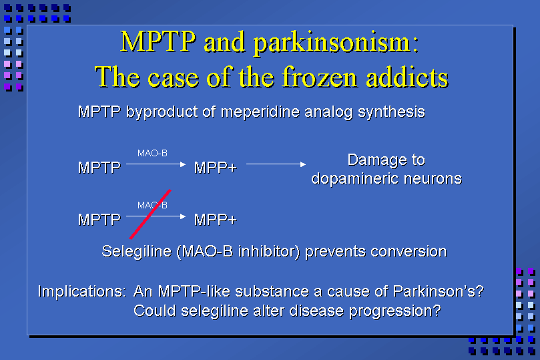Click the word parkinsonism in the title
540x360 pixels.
(x=336, y=43)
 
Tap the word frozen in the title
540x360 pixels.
(x=319, y=77)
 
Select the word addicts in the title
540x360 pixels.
(x=407, y=77)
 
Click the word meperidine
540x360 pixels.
(x=260, y=112)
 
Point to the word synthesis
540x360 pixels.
(x=391, y=112)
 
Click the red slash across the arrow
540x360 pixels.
(x=150, y=214)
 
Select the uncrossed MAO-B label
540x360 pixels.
(x=152, y=154)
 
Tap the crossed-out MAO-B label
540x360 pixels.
(x=152, y=205)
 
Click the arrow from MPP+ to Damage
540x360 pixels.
(x=276, y=164)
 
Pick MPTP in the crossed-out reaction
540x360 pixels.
(x=99, y=220)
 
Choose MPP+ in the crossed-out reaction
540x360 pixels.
(x=215, y=220)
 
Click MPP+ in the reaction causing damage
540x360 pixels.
(x=215, y=168)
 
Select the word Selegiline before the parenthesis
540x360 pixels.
(x=136, y=252)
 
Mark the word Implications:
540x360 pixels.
(x=82, y=291)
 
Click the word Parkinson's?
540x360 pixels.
(x=438, y=291)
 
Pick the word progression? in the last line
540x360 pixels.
(x=395, y=311)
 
